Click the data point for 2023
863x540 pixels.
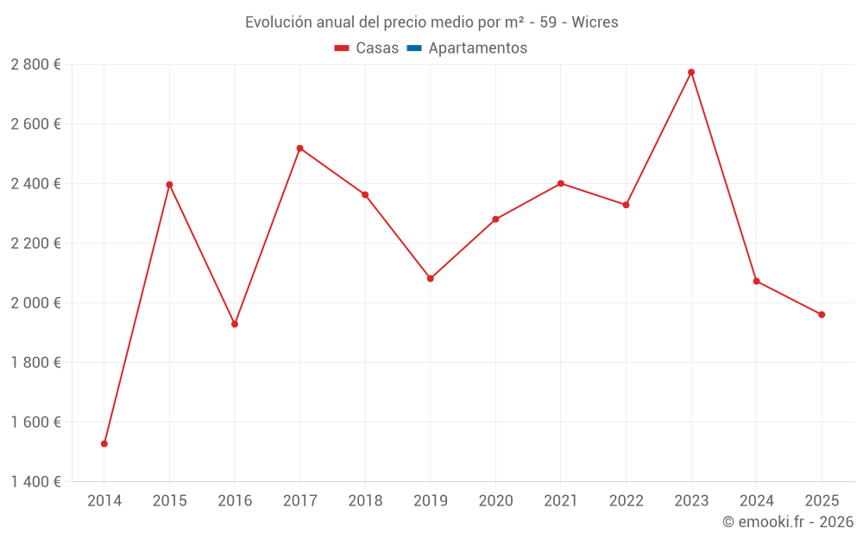coord(691,73)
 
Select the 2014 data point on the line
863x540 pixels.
coord(104,444)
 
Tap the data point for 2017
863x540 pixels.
coord(299,149)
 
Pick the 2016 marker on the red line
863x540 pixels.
coord(235,324)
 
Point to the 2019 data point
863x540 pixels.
coord(431,278)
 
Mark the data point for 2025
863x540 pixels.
coord(822,314)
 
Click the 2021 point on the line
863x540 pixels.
coord(561,183)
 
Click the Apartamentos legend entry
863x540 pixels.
coord(477,48)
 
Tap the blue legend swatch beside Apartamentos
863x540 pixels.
coord(414,48)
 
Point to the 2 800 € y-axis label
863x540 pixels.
coord(36,65)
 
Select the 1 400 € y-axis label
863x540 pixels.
coord(36,482)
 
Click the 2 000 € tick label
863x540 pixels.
coord(36,303)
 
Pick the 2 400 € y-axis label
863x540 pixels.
coord(36,184)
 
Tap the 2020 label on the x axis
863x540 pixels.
coord(495,501)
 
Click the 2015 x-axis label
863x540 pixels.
coord(169,501)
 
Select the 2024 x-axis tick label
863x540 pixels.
coord(756,501)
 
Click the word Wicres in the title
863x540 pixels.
coord(595,22)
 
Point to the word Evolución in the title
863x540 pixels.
coord(278,22)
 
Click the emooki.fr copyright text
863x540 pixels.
coord(788,522)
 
